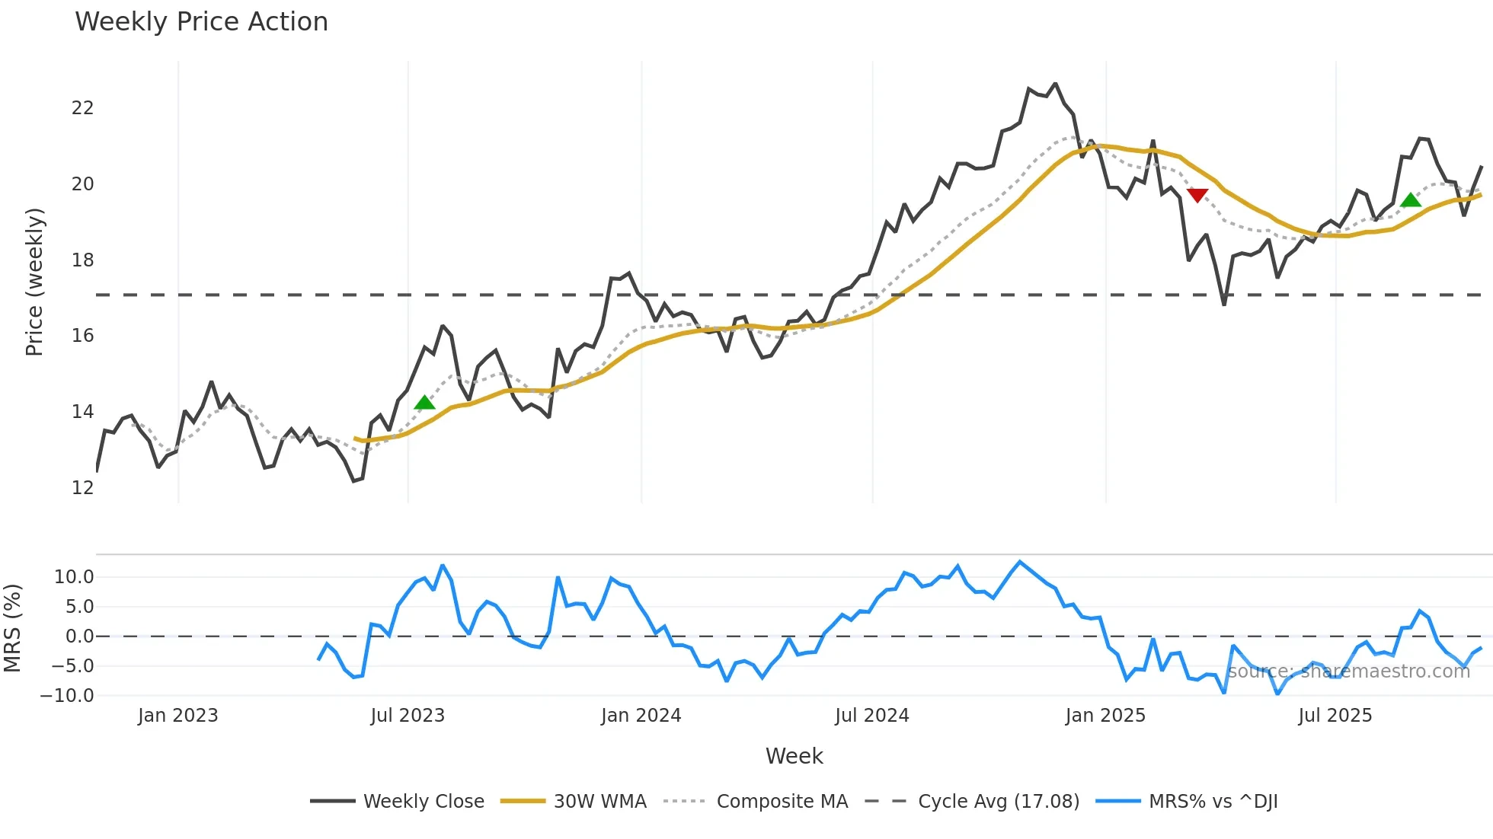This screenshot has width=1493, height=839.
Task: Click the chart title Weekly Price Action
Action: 201,22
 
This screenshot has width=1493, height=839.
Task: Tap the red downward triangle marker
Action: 1197,196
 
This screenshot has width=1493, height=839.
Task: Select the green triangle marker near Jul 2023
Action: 424,402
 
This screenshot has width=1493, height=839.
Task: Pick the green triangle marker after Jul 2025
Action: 1411,200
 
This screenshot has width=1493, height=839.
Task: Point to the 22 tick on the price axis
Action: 82,108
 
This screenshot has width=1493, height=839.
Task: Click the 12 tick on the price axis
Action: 82,487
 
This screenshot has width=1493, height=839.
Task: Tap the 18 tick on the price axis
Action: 82,260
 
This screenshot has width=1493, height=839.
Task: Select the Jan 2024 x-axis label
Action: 641,716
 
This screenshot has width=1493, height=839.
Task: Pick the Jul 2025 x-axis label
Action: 1335,716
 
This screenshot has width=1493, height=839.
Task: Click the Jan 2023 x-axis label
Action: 177,716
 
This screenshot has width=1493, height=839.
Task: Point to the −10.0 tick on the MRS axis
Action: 67,695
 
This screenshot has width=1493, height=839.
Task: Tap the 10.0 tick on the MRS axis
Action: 73,576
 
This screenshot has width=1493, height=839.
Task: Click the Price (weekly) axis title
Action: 35,282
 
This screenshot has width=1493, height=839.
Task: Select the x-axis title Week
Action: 794,756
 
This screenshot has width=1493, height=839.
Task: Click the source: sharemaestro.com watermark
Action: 1348,672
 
